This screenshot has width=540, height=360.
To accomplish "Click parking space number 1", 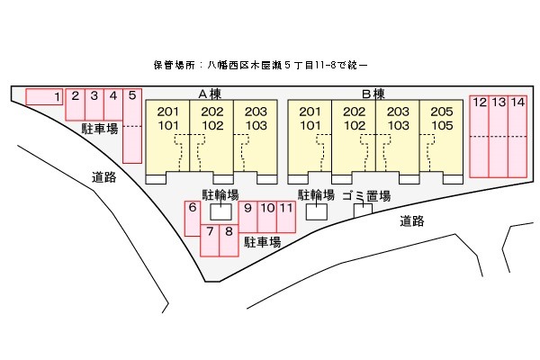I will [44, 96].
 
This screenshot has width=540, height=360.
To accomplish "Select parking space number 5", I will [131, 126].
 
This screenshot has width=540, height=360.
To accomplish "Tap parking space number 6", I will [192, 219].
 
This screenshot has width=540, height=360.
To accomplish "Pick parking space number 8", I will [229, 240].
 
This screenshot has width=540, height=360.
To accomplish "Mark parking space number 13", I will [498, 135].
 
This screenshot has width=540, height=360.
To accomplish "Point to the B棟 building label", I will [373, 94].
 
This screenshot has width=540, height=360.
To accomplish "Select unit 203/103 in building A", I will [256, 135].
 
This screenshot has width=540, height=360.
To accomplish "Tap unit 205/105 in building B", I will [441, 135].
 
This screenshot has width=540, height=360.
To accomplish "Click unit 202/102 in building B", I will [355, 135].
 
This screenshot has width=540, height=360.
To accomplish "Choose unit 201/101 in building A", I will [168, 135].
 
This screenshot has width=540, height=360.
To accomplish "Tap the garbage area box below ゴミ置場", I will [363, 211].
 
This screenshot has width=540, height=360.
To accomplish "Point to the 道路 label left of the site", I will [104, 177].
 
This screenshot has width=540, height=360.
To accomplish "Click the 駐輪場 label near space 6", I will [220, 194].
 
